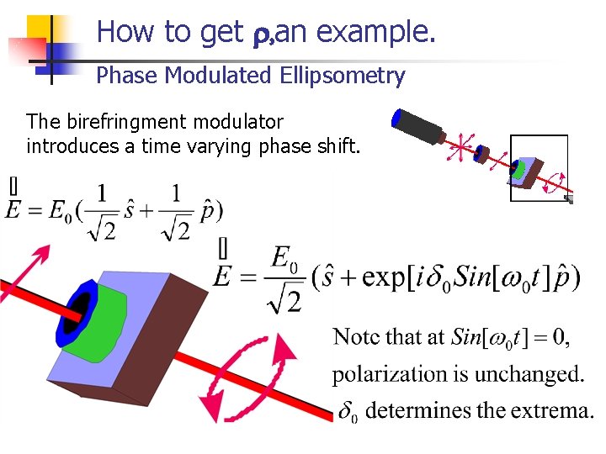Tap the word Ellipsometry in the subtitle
pos(347,77)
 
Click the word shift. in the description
pos(337,147)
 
